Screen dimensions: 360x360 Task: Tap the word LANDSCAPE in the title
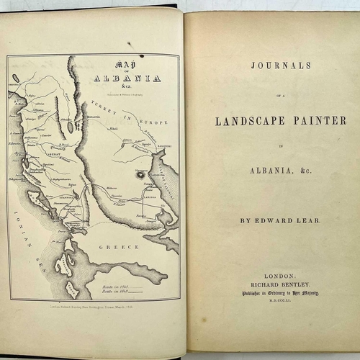tap(247, 120)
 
